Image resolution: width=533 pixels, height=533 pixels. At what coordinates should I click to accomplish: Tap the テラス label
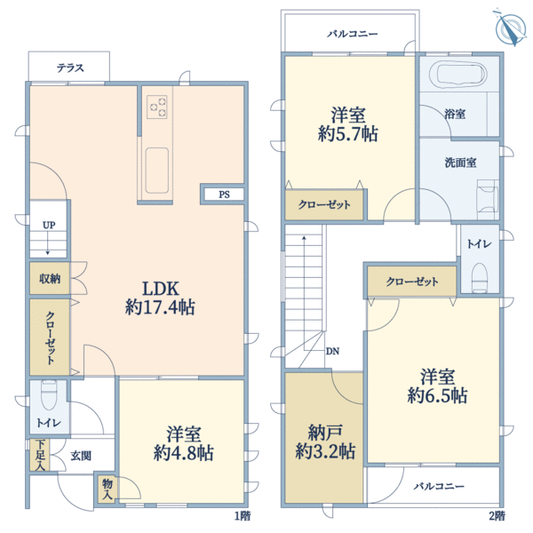(71, 68)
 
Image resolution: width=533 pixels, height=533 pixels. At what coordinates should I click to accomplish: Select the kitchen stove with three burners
(157, 106)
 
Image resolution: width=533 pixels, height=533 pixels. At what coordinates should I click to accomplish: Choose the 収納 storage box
(49, 278)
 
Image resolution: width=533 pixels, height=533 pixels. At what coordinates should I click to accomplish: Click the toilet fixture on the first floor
(49, 394)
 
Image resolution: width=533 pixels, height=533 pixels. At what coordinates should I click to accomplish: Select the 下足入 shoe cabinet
(40, 456)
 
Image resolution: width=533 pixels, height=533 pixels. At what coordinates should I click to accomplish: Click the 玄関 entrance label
(80, 456)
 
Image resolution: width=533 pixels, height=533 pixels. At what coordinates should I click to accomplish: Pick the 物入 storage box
(107, 488)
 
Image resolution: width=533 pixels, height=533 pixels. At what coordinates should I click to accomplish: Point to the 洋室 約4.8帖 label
(183, 443)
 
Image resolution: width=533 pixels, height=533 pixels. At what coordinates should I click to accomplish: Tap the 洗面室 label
(460, 163)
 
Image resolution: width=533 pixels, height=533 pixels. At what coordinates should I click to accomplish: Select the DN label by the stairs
(331, 351)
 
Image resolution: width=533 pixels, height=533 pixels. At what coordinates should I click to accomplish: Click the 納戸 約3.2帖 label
(324, 442)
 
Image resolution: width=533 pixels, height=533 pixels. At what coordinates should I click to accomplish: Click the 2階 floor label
(496, 515)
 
